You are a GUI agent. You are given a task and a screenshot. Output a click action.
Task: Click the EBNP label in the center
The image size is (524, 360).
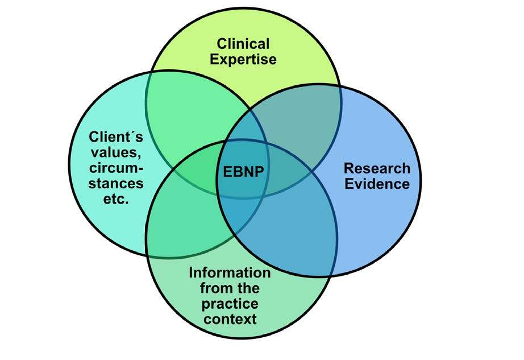click(242, 171)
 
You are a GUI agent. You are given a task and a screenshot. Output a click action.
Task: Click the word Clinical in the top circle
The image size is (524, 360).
click(243, 44)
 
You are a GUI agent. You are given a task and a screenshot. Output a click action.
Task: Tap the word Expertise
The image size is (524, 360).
click(243, 59)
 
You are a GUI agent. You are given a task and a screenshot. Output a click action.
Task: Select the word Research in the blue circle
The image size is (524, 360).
click(377, 168)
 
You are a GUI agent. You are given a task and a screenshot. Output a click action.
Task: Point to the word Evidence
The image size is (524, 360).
click(377, 184)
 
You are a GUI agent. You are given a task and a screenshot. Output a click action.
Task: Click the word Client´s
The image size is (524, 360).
click(116, 137)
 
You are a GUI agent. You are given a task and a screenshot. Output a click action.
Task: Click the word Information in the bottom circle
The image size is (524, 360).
click(230, 272)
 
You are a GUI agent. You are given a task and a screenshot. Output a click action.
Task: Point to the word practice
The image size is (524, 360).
click(231, 303)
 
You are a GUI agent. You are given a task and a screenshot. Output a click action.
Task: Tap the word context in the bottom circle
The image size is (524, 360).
click(231, 318)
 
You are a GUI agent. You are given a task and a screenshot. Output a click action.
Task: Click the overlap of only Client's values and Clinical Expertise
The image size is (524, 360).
click(193, 114)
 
